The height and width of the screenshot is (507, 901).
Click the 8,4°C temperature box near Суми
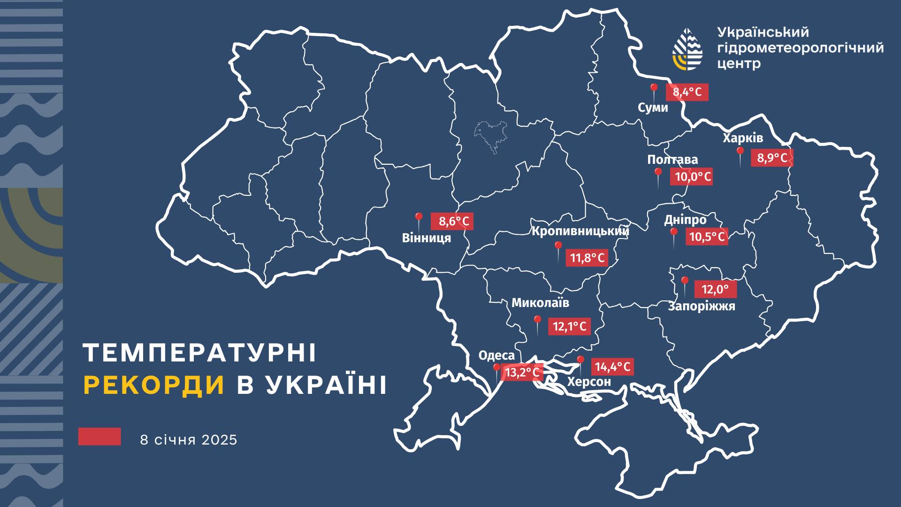pos(687,92)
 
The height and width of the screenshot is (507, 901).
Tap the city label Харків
pos(742,138)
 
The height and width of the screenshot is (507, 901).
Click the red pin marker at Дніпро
pos(673,233)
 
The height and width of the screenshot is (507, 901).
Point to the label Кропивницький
pos(580,231)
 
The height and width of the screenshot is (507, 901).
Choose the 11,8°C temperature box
pos(587,258)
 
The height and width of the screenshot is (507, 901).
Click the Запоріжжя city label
pos(702,307)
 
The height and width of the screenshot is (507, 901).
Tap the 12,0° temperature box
pos(715,290)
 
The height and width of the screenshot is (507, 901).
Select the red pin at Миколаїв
pos(537,321)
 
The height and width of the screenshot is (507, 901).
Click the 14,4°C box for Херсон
pos(612,366)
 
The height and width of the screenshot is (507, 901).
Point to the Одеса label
pos(496,355)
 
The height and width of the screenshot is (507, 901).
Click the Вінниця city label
pos(426,238)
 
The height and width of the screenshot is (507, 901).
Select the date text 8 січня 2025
pos(189,440)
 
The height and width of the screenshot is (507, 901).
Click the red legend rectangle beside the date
pos(99,437)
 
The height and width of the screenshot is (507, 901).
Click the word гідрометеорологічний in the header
pos(801,48)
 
